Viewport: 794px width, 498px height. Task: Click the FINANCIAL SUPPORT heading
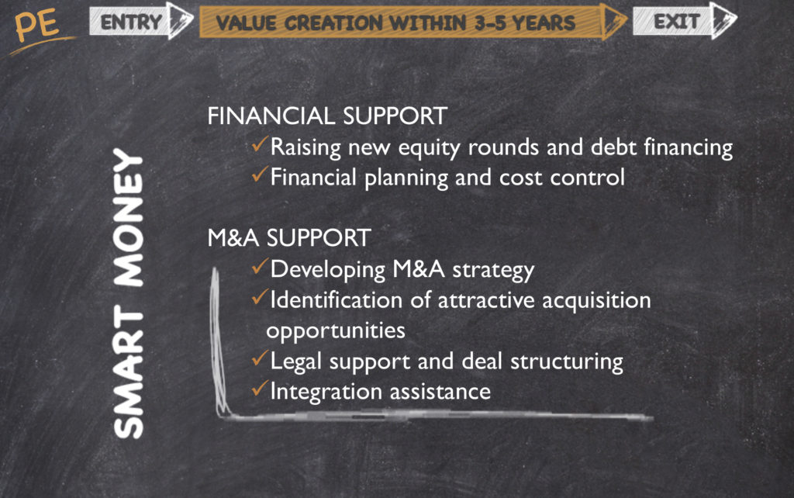point(327,116)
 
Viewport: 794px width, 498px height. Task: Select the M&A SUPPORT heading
point(289,237)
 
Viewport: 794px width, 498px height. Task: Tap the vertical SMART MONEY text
point(128,292)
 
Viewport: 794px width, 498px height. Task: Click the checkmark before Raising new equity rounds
point(259,144)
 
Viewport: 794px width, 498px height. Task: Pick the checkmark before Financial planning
point(259,175)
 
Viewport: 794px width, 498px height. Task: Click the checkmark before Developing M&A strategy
point(259,267)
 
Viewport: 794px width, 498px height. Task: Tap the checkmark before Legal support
point(259,358)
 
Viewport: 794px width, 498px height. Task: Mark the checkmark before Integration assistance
point(259,389)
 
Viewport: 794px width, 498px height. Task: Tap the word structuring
point(567,362)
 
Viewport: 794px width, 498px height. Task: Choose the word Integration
point(326,393)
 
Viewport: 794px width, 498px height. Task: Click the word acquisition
point(596,301)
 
